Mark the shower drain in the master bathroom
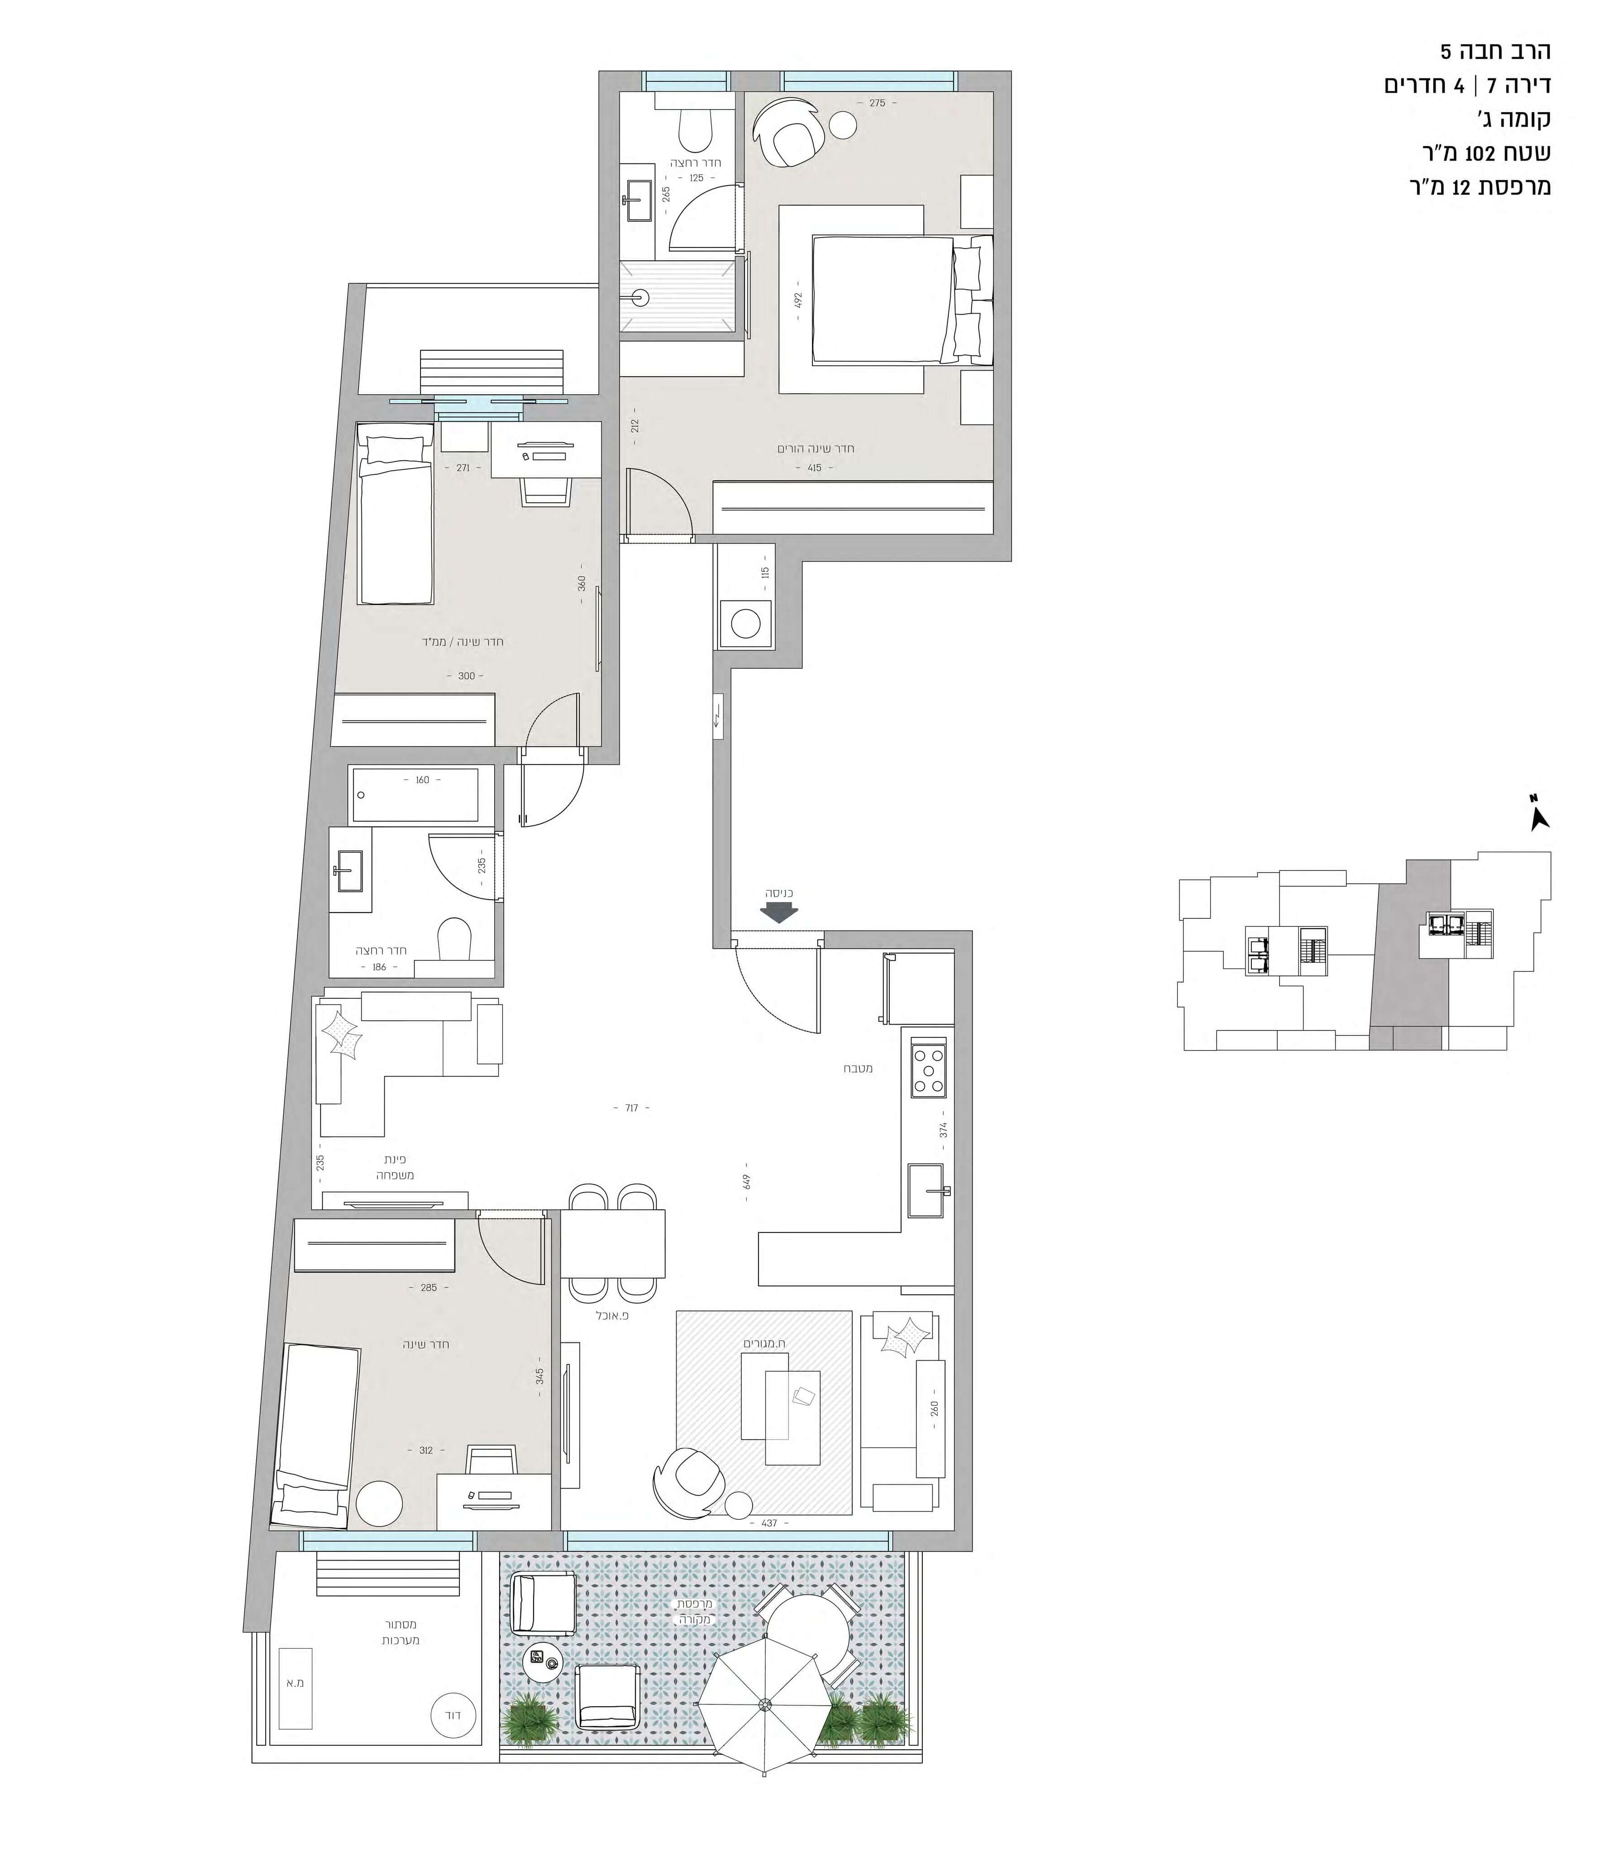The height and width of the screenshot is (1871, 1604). coord(640,295)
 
